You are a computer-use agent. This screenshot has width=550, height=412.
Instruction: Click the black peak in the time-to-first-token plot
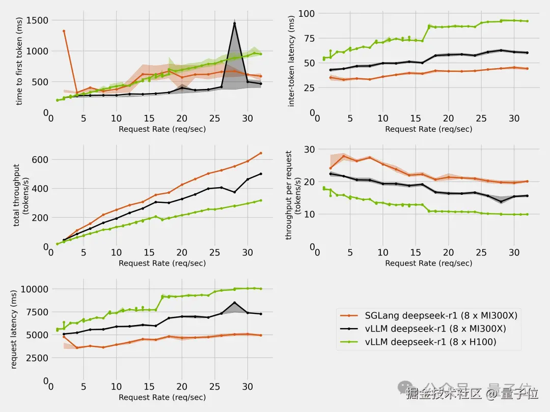coord(234,23)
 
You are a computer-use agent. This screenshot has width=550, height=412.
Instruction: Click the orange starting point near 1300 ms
coord(64,31)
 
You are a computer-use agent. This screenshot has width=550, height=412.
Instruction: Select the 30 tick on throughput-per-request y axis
coord(309,149)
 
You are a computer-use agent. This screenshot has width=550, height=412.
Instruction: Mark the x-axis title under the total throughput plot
coord(162,263)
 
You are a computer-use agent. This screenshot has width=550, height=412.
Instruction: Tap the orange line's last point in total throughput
coord(261,153)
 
